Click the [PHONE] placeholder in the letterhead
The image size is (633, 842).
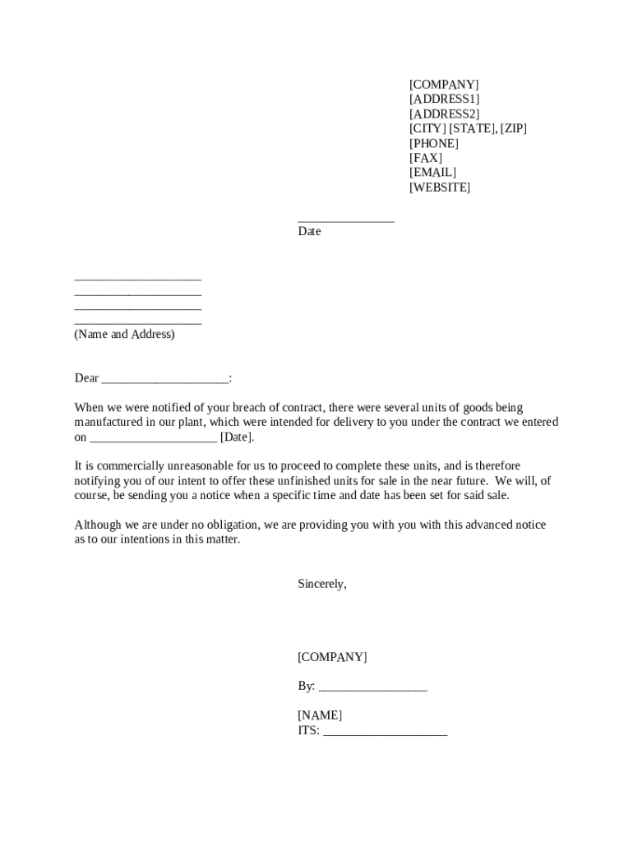click(434, 143)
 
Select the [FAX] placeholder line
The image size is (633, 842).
click(425, 158)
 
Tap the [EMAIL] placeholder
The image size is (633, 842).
click(432, 173)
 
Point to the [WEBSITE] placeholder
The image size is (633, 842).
click(440, 187)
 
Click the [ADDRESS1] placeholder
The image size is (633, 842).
click(444, 99)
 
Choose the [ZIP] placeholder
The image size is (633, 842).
click(513, 128)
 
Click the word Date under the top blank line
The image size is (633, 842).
click(309, 232)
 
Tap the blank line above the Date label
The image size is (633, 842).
click(345, 220)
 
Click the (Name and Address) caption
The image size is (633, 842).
click(124, 335)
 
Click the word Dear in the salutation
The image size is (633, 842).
click(86, 378)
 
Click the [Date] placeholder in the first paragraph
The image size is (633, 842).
click(237, 437)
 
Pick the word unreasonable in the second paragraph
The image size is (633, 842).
click(201, 466)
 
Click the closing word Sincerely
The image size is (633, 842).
click(321, 584)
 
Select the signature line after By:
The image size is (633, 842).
click(372, 687)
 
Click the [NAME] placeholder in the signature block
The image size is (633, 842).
click(320, 715)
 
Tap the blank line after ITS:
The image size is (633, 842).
click(385, 731)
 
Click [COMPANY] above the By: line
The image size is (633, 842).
click(332, 657)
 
